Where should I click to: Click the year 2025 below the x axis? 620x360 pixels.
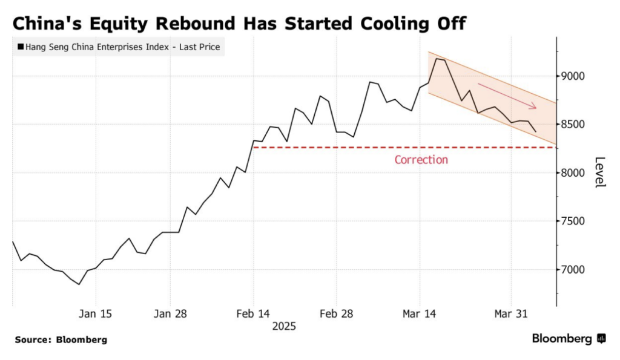pos(284,326)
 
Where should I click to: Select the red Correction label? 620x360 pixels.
pos(421,160)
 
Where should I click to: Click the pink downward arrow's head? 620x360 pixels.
pos(534,108)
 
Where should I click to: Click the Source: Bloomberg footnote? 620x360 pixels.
pos(61,340)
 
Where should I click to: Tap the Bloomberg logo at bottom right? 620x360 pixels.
pos(569,339)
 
